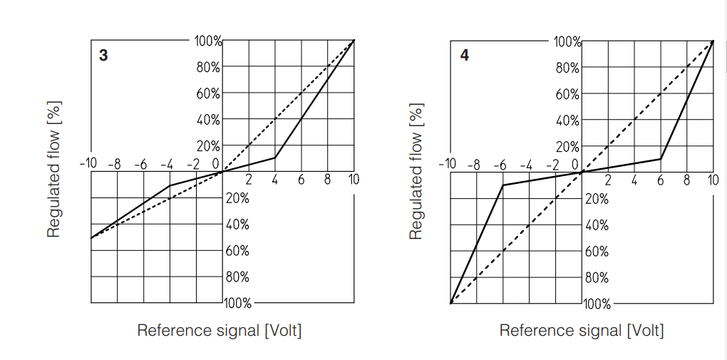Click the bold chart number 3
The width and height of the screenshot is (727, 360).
pyautogui.click(x=103, y=55)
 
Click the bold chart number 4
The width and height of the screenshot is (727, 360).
pyautogui.click(x=465, y=55)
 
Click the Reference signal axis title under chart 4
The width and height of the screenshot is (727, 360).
pyautogui.click(x=581, y=331)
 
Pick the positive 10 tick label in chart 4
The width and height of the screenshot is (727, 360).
pyautogui.click(x=713, y=180)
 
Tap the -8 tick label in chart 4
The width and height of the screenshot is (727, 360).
pyautogui.click(x=473, y=165)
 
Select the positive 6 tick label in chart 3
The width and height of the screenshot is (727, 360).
pyautogui.click(x=301, y=180)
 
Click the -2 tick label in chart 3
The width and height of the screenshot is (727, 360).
pyautogui.click(x=193, y=165)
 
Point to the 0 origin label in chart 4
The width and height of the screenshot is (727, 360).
pyautogui.click(x=574, y=165)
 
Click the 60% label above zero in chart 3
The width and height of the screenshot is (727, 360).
pyautogui.click(x=208, y=93)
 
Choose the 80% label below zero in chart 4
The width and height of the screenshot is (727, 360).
pyautogui.click(x=597, y=278)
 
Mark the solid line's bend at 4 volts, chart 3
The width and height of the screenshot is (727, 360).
pyautogui.click(x=275, y=158)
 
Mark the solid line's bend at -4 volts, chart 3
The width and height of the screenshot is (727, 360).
pyautogui.click(x=170, y=185)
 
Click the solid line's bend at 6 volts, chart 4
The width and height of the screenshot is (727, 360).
pyautogui.click(x=661, y=158)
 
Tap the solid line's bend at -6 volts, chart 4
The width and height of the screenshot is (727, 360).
pyautogui.click(x=503, y=185)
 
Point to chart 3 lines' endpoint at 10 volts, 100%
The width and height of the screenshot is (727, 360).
pyautogui.click(x=354, y=41)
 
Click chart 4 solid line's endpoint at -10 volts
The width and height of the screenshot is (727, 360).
pyautogui.click(x=450, y=303)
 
